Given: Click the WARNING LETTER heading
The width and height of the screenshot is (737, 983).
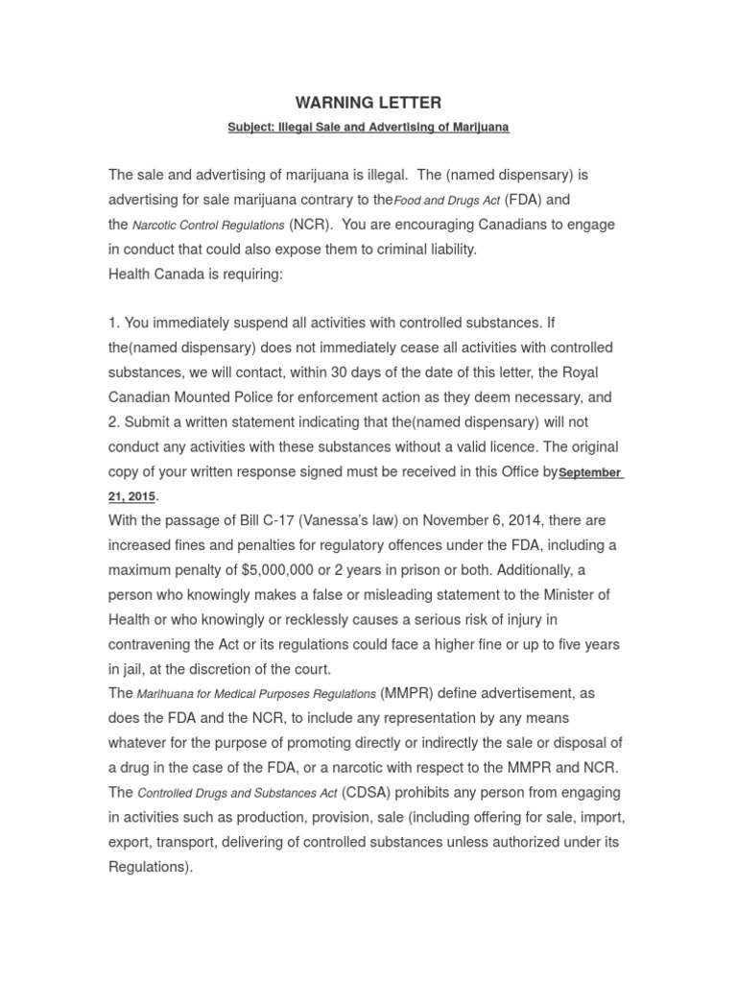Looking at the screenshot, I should [368, 102].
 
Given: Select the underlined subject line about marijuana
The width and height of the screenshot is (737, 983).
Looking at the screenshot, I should [368, 127].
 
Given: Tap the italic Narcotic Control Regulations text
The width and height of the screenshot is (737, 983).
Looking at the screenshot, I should [208, 226].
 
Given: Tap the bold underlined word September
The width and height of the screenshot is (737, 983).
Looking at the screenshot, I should [591, 472].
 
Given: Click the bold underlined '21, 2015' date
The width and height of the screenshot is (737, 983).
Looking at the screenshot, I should [131, 496].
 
